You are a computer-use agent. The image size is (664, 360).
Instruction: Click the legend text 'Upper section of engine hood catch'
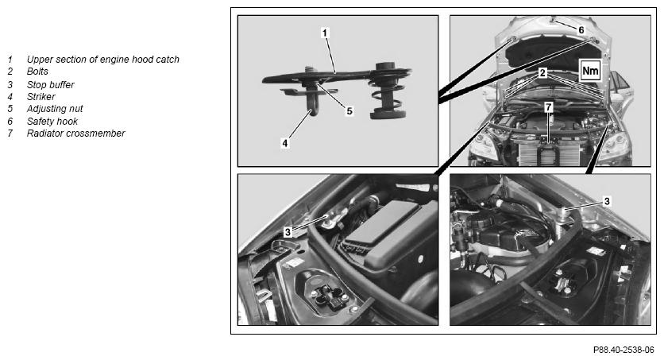(x=103, y=60)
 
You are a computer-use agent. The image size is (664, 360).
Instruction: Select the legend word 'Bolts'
(x=37, y=72)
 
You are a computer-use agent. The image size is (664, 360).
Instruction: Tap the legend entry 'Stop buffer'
(x=50, y=85)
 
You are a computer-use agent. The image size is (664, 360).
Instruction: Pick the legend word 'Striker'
(x=41, y=97)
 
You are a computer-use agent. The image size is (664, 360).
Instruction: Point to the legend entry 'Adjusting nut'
(x=55, y=109)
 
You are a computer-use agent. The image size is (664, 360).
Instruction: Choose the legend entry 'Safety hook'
(x=52, y=122)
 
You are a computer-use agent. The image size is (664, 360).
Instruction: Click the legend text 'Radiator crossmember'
(x=75, y=134)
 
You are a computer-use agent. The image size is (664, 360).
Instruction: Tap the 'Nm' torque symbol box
(x=590, y=71)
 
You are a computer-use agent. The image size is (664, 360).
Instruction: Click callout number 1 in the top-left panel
(x=325, y=33)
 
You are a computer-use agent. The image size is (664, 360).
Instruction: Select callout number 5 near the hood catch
(x=349, y=111)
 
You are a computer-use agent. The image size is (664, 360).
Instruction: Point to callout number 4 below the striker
(x=285, y=143)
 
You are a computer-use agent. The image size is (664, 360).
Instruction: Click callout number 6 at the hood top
(x=581, y=30)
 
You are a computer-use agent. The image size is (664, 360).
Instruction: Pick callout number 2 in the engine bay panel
(x=542, y=73)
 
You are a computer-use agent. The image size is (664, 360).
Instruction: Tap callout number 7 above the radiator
(x=549, y=107)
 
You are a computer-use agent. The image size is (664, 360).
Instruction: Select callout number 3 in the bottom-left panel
(x=288, y=232)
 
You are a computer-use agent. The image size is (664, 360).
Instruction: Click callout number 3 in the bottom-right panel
(x=607, y=201)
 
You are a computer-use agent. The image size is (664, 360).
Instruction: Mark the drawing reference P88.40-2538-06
(x=623, y=350)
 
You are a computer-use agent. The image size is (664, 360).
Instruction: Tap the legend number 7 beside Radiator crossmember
(x=10, y=134)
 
